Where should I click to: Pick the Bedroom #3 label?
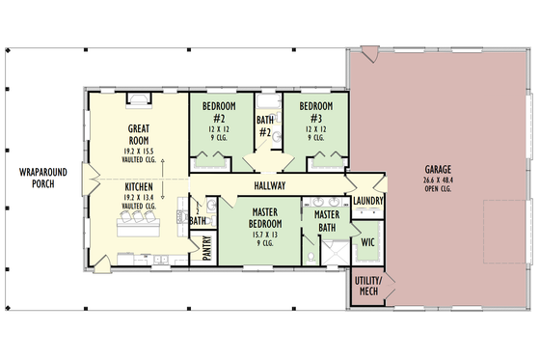[315, 111]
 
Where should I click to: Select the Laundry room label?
[369, 201]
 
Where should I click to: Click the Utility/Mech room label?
[368, 286]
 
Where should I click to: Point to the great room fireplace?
[138, 98]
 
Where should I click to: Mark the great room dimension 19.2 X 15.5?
[138, 151]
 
